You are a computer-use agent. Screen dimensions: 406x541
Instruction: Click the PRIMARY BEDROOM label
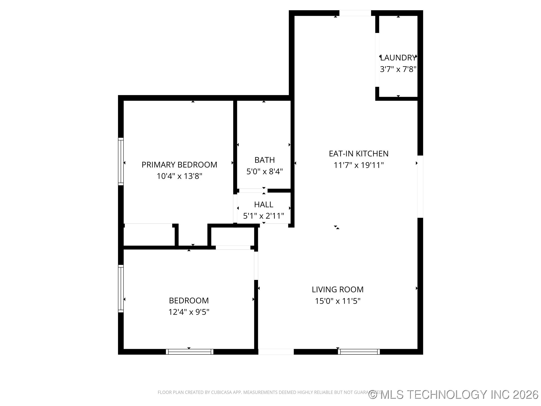click(179, 165)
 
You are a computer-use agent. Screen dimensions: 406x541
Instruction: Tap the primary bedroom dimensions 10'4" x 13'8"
click(179, 176)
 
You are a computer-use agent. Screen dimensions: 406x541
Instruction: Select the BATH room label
click(264, 160)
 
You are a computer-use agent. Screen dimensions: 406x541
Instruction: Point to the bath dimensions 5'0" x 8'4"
click(264, 171)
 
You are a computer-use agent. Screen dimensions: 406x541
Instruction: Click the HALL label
click(263, 204)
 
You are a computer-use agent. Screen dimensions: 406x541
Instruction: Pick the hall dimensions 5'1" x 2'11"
click(263, 216)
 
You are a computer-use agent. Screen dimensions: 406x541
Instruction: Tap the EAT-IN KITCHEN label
click(358, 154)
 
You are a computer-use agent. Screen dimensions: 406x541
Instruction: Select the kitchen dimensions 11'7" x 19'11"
click(358, 165)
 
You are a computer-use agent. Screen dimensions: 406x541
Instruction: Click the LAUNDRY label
click(398, 58)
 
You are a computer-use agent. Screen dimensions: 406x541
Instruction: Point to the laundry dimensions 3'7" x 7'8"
click(398, 69)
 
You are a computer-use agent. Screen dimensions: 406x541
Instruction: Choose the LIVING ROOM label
click(337, 290)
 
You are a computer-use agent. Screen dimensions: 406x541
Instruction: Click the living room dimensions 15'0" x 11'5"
click(337, 301)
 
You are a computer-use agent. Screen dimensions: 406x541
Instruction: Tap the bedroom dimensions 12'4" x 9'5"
click(189, 312)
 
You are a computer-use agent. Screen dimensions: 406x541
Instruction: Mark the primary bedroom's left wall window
click(121, 162)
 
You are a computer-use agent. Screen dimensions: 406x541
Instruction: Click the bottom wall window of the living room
click(359, 352)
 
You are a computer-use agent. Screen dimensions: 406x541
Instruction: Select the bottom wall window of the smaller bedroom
click(189, 352)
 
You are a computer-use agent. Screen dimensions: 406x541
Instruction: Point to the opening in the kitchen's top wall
click(355, 13)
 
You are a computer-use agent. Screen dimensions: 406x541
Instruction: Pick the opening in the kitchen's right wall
click(420, 187)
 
